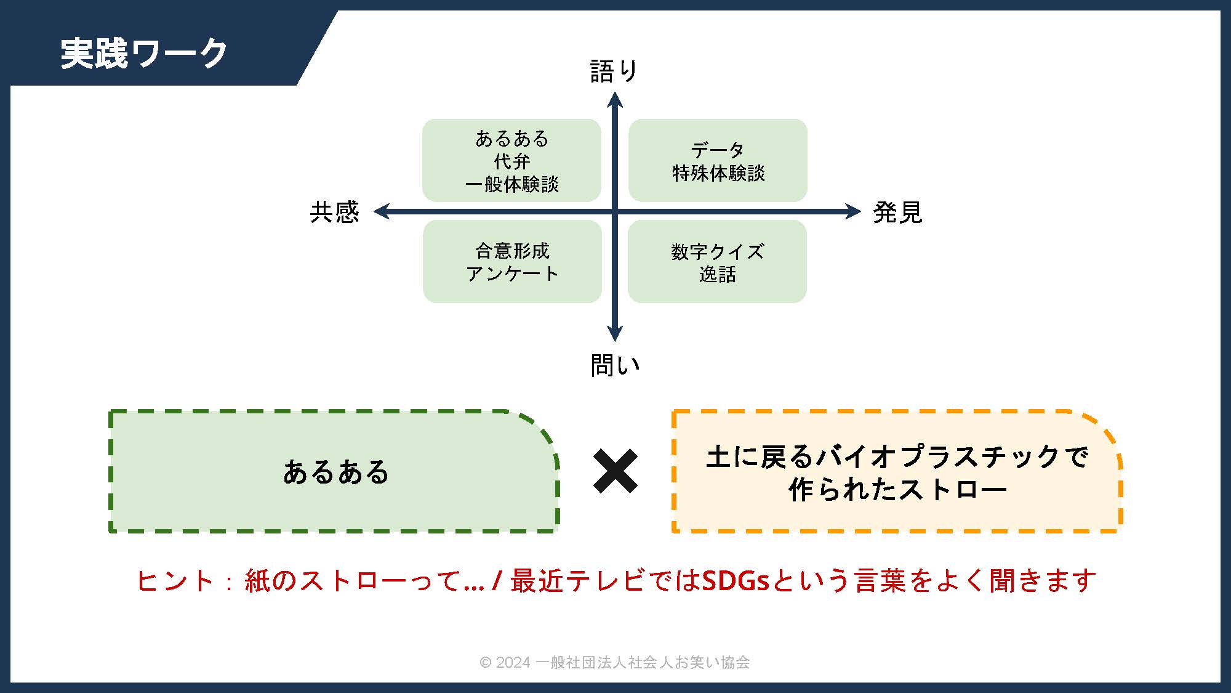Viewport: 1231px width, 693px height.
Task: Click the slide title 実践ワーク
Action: pyautogui.click(x=144, y=53)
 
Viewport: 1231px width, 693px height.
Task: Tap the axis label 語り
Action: pyautogui.click(x=614, y=71)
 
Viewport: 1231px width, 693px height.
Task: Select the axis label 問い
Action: pyautogui.click(x=615, y=365)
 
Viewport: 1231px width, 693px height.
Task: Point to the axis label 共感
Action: pyautogui.click(x=334, y=212)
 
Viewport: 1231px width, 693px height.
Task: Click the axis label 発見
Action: pyautogui.click(x=897, y=212)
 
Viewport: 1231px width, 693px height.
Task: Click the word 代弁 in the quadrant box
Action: pyautogui.click(x=512, y=161)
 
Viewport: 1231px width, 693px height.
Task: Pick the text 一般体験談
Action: pyautogui.click(x=512, y=184)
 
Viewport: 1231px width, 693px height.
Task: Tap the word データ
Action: pyautogui.click(x=718, y=150)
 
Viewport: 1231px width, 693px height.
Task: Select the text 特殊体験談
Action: pyautogui.click(x=718, y=173)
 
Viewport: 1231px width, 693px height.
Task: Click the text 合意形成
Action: pyautogui.click(x=512, y=251)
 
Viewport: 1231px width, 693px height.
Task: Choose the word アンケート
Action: pyautogui.click(x=512, y=274)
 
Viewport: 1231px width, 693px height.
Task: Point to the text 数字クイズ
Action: pyautogui.click(x=718, y=251)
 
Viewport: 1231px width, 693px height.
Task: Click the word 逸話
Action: pyautogui.click(x=718, y=274)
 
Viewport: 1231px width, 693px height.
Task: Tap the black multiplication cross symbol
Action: pyautogui.click(x=615, y=471)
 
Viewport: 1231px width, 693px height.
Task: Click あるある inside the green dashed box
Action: pyautogui.click(x=336, y=472)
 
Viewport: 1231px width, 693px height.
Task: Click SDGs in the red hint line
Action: pyautogui.click(x=736, y=580)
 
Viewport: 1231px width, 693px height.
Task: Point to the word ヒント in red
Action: pyautogui.click(x=175, y=581)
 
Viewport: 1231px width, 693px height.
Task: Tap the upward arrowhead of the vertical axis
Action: pyautogui.click(x=615, y=99)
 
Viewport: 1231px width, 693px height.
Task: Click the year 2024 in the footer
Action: pyautogui.click(x=513, y=662)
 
